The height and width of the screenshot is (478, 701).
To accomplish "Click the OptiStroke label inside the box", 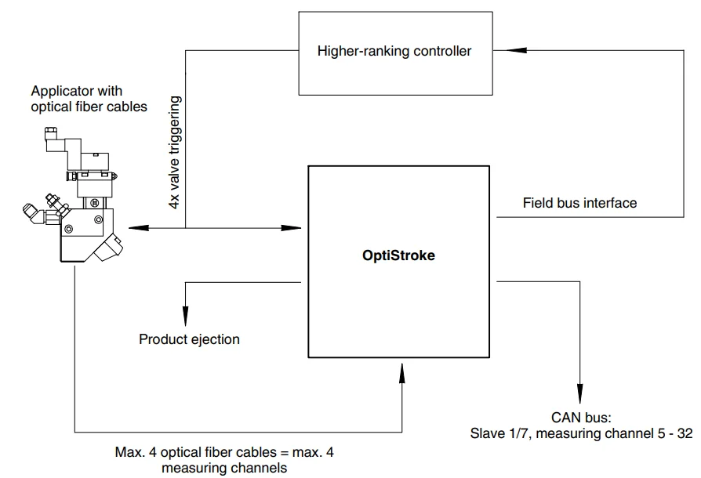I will (x=399, y=256).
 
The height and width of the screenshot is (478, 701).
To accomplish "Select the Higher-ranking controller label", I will (x=394, y=52).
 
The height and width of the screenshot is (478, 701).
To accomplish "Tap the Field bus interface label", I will (x=579, y=203).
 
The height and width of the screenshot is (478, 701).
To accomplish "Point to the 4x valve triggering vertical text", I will (x=176, y=152).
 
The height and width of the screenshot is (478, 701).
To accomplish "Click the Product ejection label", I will (x=189, y=339).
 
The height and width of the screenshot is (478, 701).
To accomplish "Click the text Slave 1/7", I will (x=503, y=433).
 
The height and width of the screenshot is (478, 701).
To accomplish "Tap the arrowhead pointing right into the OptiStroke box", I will (x=296, y=228).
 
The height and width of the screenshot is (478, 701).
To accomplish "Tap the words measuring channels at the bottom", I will (x=224, y=468).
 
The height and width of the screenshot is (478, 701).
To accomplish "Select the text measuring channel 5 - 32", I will (x=616, y=433).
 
